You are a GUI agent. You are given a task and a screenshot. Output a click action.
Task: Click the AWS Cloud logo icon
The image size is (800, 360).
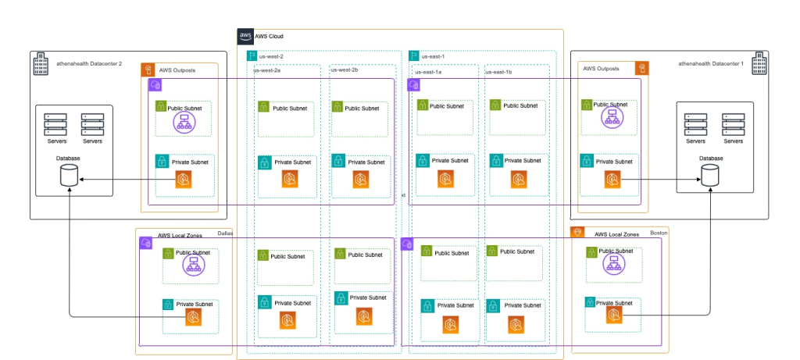pyautogui.click(x=245, y=36)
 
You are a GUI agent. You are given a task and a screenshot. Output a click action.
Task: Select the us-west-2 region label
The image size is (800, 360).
pyautogui.click(x=270, y=56)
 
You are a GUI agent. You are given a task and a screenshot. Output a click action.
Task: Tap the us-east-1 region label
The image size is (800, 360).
pyautogui.click(x=434, y=56)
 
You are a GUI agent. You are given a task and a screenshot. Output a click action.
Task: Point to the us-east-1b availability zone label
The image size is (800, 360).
pyautogui.click(x=499, y=71)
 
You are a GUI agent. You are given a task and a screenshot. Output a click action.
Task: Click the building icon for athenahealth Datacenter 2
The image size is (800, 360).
pyautogui.click(x=40, y=60)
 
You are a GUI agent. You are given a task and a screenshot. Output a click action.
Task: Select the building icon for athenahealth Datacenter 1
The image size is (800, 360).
pyautogui.click(x=757, y=60)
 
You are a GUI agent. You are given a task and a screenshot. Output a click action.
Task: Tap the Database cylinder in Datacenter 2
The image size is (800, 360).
pyautogui.click(x=69, y=176)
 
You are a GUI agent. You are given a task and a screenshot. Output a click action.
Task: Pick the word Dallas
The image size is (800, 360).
pyautogui.click(x=226, y=232)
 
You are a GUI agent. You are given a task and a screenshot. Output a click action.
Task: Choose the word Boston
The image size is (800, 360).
pyautogui.click(x=659, y=232)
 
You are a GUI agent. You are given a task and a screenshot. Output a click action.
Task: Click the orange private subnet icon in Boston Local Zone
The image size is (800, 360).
pyautogui.click(x=614, y=315)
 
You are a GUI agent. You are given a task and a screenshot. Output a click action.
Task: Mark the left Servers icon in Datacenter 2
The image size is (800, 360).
pyautogui.click(x=55, y=124)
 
